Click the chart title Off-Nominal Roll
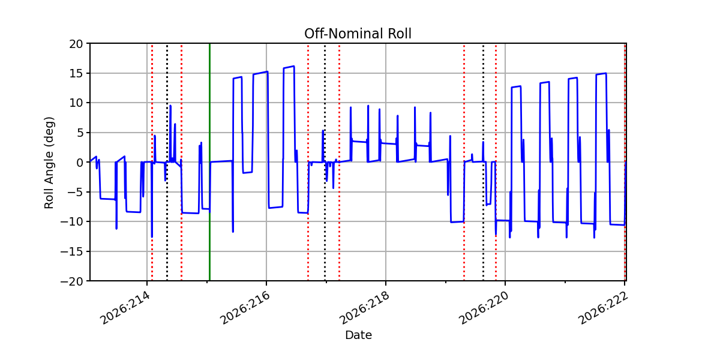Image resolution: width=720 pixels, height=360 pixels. click(358, 34)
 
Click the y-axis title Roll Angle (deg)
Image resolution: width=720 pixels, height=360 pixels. click(49, 163)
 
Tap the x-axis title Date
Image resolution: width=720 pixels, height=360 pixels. click(358, 335)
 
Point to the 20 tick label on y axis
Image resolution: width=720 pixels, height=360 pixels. click(76, 44)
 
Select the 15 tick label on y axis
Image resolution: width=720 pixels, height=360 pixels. click(76, 73)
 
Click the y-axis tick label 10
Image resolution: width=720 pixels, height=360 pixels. click(76, 103)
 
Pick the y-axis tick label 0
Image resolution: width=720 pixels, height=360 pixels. click(79, 163)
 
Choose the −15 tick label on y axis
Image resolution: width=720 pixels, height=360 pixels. click(72, 251)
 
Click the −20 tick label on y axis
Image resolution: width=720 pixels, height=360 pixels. click(72, 281)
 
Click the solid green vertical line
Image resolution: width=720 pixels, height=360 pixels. click(209, 163)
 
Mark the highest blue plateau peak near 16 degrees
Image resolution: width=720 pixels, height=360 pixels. click(294, 66)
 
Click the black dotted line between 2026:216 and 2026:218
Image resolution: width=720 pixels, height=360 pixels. click(325, 163)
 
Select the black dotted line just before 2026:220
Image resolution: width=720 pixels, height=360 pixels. click(483, 163)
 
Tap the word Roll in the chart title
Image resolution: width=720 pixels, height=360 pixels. click(400, 34)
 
